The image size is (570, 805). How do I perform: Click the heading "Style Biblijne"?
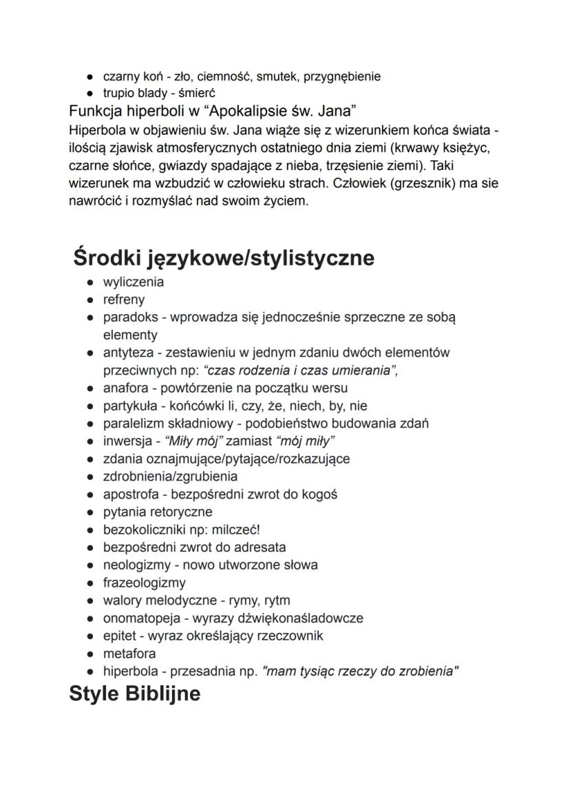coord(135,693)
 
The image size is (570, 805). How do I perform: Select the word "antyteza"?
coord(127,353)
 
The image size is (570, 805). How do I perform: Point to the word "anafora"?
coord(125,388)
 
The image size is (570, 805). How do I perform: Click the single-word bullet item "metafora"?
coord(129,653)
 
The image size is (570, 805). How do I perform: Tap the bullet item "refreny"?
coord(124,300)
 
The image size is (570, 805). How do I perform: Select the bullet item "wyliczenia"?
coord(134,282)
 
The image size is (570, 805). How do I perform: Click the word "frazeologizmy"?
coord(145,583)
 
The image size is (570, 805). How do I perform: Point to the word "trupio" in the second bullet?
coord(117,93)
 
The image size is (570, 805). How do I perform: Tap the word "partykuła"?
coord(129,406)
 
